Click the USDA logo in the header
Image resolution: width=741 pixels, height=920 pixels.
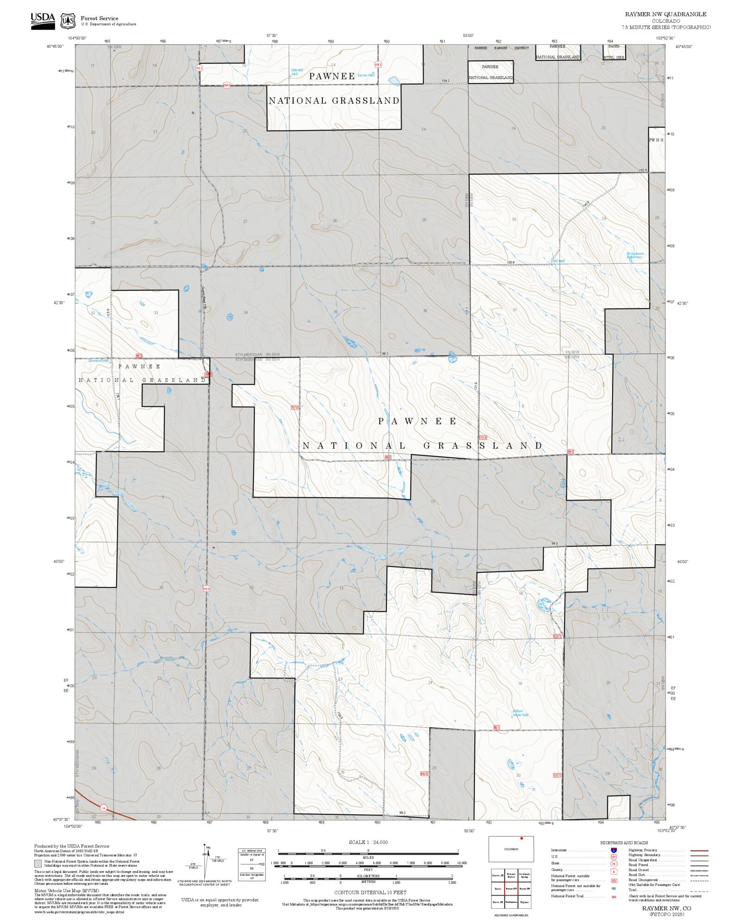(43, 21)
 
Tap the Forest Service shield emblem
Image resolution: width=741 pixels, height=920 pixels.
(68, 21)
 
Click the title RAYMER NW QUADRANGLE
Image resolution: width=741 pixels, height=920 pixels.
(666, 14)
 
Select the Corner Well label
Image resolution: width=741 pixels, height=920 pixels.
(366, 75)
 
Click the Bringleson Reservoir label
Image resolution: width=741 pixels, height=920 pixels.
(635, 255)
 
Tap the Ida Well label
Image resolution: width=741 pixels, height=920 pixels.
(559, 261)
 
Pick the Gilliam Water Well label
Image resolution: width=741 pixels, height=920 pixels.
(520, 713)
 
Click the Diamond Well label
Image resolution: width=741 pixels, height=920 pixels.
(98, 360)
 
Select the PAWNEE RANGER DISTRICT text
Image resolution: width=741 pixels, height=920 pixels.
(502, 48)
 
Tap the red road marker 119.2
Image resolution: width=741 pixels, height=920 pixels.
(378, 65)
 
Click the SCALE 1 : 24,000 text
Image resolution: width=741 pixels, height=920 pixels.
(368, 842)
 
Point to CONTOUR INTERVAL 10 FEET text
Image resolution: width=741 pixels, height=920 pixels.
(370, 892)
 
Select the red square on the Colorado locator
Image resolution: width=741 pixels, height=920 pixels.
(521, 838)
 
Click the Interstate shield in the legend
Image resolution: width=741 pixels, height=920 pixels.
(614, 851)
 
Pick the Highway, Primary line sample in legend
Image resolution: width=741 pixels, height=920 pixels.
(699, 851)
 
